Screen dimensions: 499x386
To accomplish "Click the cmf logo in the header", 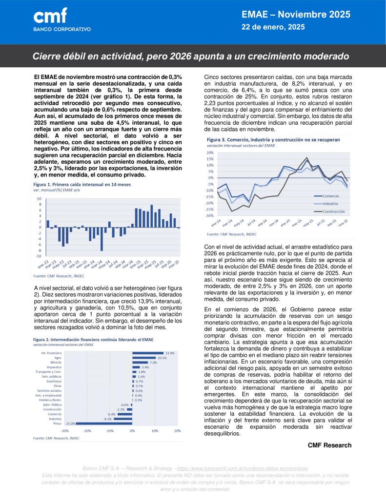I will point(50,17).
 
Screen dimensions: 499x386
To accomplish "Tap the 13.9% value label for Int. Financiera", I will point(170,353).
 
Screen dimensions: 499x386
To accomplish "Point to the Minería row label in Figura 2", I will point(54,363).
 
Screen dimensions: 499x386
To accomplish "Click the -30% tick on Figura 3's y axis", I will point(209,215).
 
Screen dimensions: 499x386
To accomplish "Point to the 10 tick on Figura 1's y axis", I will point(39,199).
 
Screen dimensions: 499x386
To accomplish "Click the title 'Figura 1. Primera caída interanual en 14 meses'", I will point(82,185).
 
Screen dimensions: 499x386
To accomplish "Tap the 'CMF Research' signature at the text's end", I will point(329,445).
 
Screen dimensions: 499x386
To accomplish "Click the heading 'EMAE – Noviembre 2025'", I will point(296,15).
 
